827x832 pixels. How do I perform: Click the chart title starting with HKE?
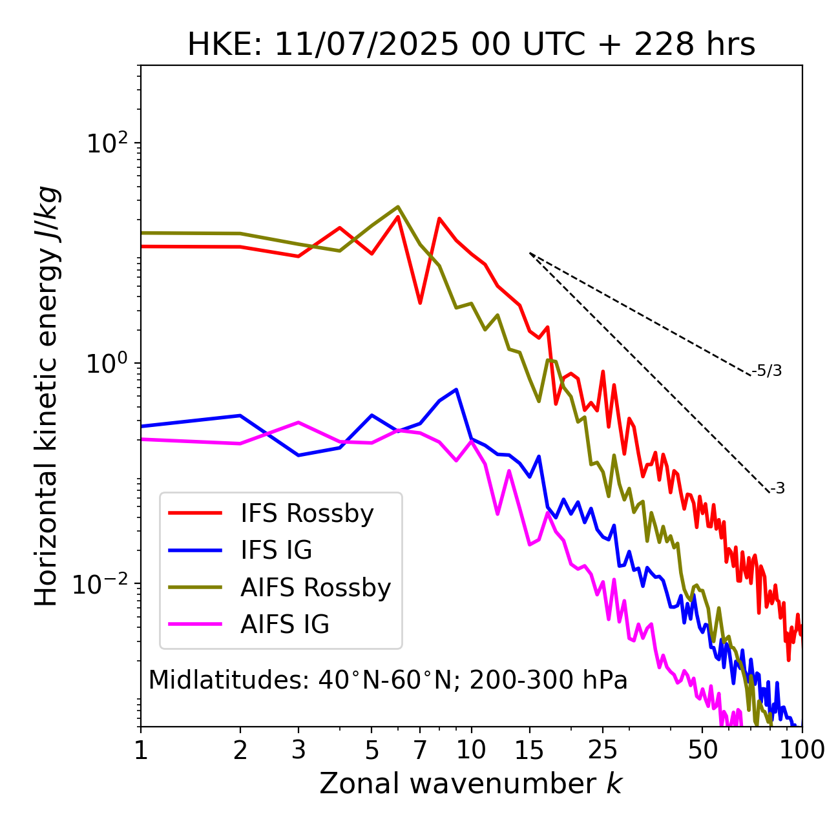pos(471,45)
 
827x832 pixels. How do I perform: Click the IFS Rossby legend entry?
pos(307,514)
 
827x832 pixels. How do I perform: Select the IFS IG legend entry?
pos(276,550)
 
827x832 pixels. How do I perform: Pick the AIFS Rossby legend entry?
pos(315,588)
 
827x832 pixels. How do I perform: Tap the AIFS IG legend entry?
pos(284,625)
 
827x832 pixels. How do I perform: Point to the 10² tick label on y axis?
pos(107,143)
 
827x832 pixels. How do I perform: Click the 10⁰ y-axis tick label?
pos(107,364)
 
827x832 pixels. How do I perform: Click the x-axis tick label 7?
pos(420,750)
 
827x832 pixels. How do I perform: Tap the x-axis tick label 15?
pos(530,750)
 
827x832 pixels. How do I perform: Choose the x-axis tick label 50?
pos(702,750)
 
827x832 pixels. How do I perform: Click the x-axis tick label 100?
pos(802,750)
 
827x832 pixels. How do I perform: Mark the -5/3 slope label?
pos(767,371)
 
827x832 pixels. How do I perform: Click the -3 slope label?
pos(777,489)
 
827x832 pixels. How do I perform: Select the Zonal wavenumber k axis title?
pos(471,784)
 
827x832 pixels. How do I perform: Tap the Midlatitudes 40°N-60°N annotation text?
pos(388,680)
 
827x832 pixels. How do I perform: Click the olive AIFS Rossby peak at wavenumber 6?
pos(398,207)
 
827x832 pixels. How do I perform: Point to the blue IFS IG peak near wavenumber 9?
pos(457,390)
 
